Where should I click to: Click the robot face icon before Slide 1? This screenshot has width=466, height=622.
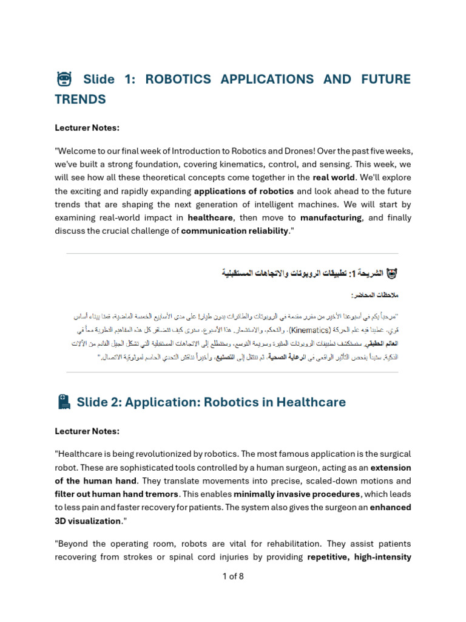click(64, 79)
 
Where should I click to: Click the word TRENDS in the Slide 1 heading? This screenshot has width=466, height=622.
click(80, 99)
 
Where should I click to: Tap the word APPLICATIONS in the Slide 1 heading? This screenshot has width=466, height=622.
click(268, 79)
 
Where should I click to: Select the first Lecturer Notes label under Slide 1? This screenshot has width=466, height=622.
click(87, 128)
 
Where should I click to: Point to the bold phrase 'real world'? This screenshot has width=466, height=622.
click(334, 177)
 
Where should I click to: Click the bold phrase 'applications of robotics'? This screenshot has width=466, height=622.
click(244, 191)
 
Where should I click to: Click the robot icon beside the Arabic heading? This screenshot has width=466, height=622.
click(392, 273)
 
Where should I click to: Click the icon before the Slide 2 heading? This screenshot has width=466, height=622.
click(64, 402)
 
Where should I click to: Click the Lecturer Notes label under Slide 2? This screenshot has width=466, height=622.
click(87, 431)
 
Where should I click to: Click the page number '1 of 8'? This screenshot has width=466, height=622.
click(233, 576)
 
